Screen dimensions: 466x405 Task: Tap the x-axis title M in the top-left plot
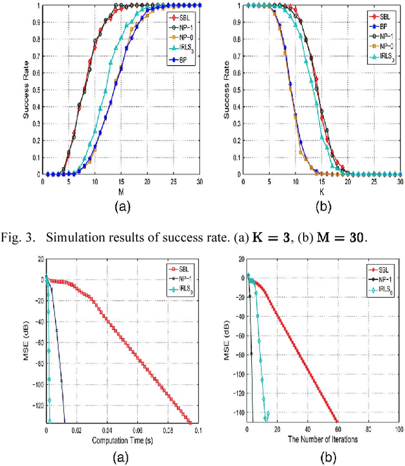(120, 190)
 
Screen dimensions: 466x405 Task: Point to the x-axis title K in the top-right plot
(322, 190)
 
